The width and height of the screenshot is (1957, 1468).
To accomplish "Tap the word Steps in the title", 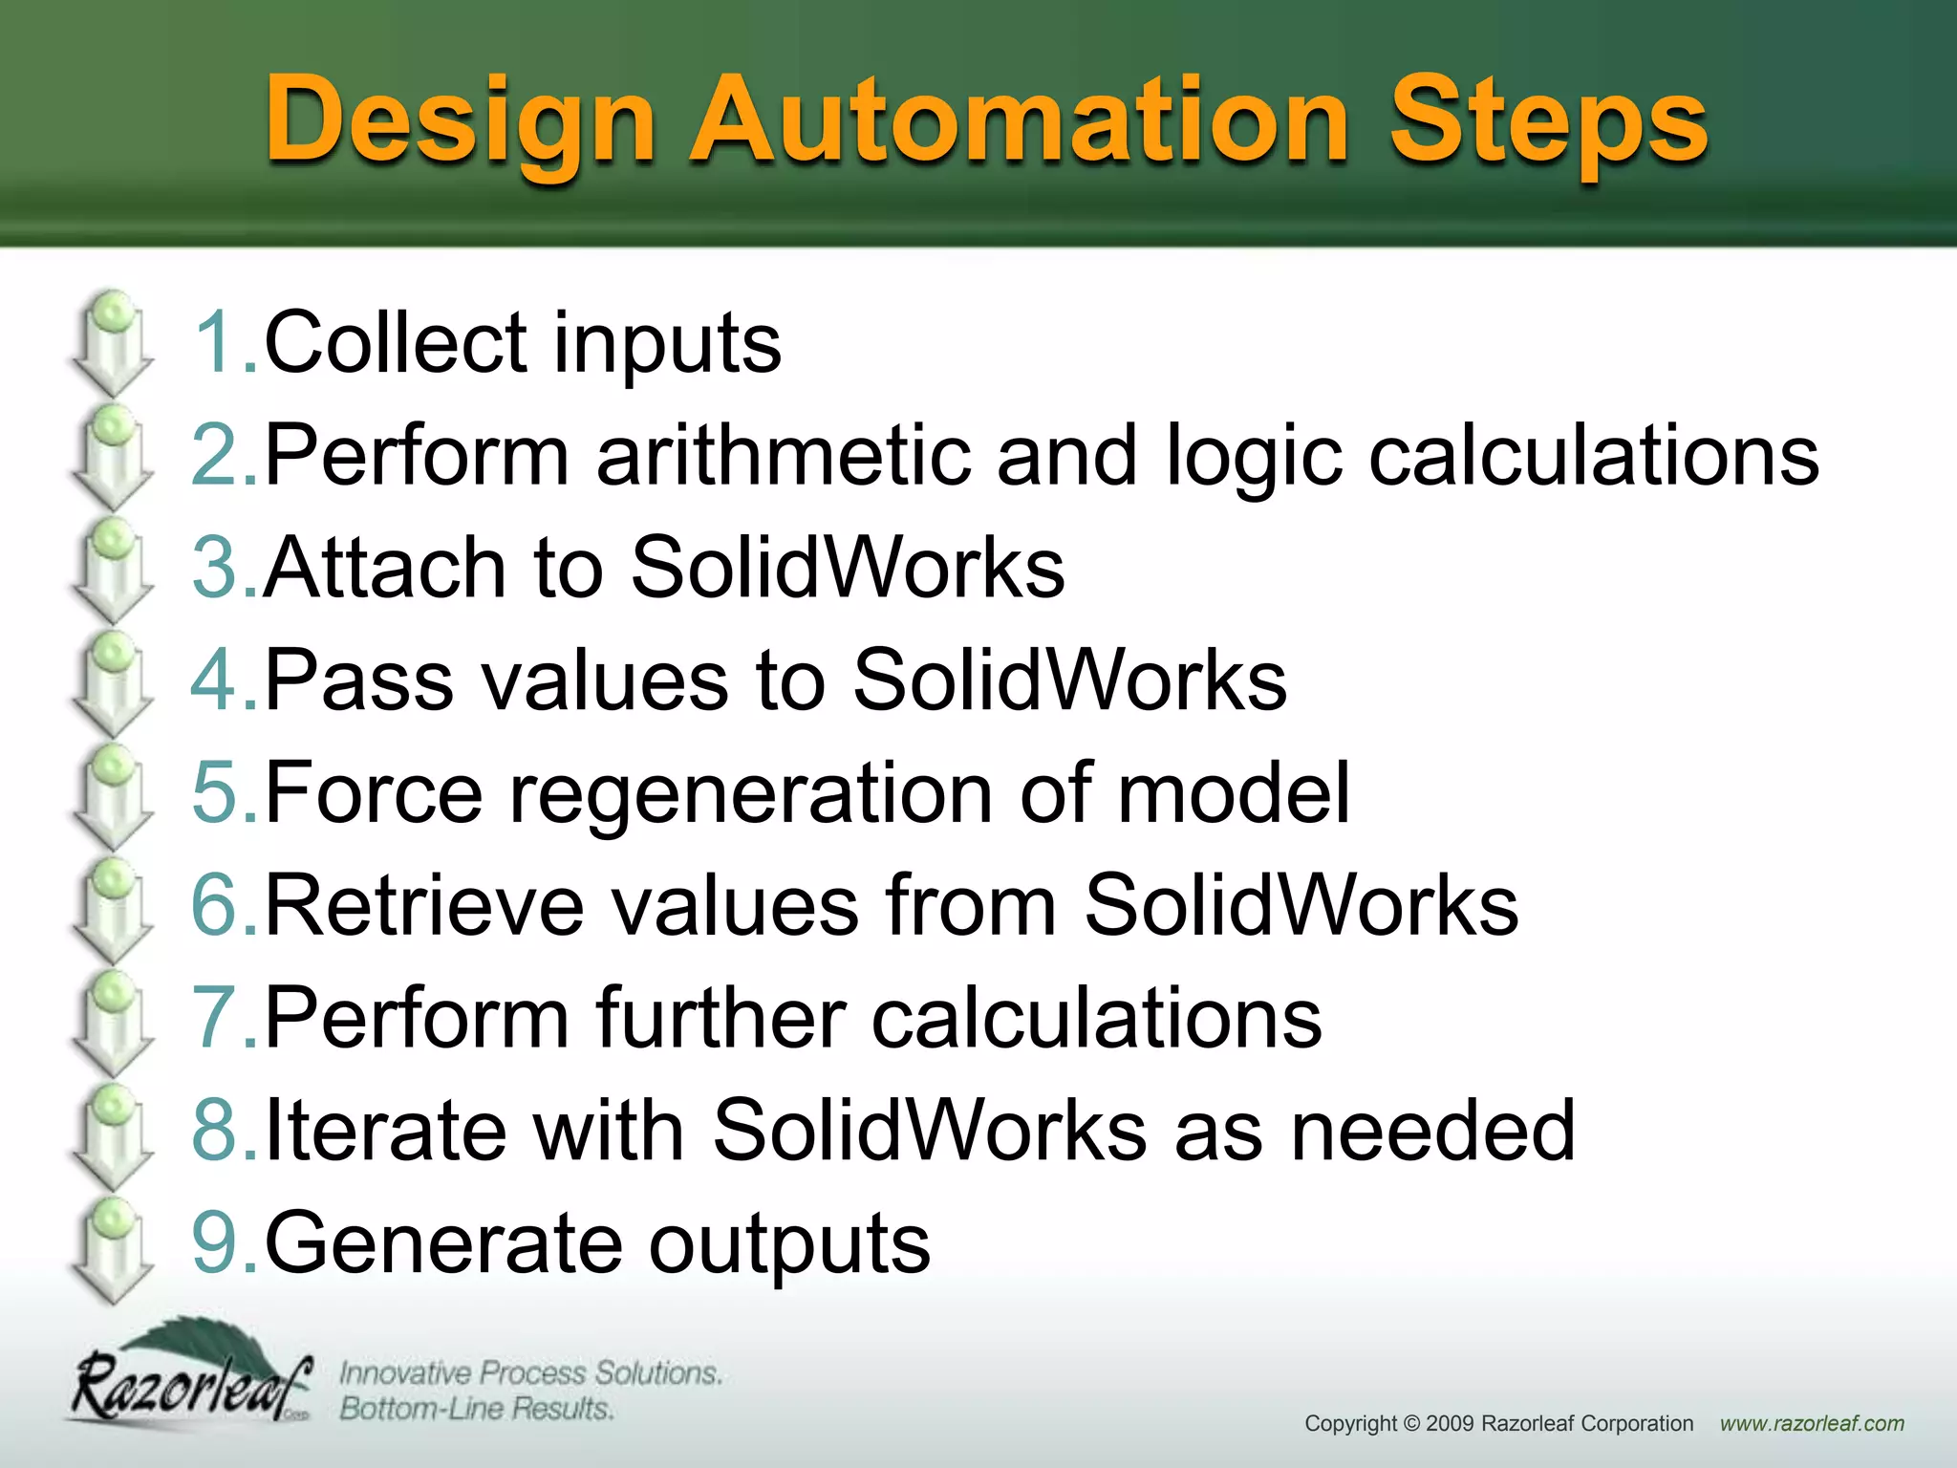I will (x=1547, y=122).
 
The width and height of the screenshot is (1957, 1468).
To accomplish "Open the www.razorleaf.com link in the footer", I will (x=1812, y=1424).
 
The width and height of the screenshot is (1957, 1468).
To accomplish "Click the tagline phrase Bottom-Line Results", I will (x=476, y=1409).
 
